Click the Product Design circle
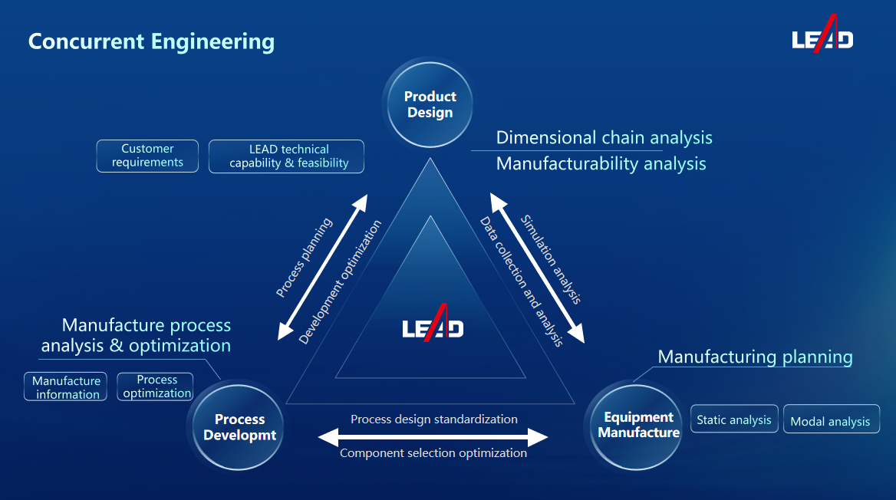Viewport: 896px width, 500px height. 430,104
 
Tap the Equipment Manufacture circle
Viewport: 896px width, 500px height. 638,426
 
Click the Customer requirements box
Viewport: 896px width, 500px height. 147,156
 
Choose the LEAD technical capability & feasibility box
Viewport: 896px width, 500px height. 287,156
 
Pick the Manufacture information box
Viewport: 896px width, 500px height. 66,387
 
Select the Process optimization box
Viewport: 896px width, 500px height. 156,387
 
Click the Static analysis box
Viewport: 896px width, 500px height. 734,419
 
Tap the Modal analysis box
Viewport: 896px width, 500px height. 831,421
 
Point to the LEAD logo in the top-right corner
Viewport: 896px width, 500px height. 822,36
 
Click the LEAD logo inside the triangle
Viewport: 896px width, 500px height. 433,324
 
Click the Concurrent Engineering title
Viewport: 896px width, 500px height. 151,41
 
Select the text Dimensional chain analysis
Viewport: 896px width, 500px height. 604,138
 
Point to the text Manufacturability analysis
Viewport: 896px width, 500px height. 601,163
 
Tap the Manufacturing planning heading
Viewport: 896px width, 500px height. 755,357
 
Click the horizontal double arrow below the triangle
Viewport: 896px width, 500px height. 433,437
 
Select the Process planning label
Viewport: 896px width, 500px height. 304,258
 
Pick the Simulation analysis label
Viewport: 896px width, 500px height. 551,259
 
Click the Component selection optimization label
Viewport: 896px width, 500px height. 433,453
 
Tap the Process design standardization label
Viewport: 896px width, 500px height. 433,419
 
